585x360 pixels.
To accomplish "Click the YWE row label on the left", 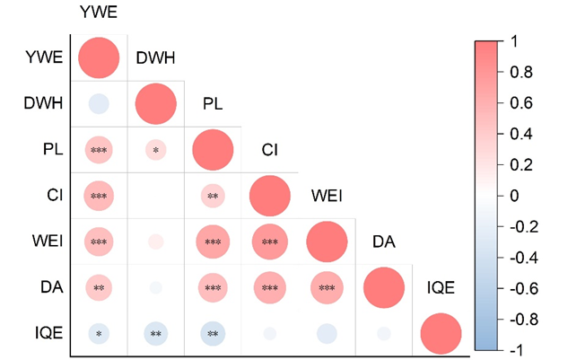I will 44,59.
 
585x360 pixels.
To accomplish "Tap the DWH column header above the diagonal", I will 155,58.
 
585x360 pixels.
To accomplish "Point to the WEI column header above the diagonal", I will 327,195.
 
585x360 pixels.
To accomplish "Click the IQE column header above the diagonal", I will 441,287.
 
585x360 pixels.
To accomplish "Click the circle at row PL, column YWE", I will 99,150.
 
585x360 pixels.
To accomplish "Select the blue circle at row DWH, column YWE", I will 99,104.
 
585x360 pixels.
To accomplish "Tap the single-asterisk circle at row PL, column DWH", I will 156,150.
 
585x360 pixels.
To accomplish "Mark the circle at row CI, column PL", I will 213,196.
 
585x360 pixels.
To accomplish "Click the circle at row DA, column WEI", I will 327,287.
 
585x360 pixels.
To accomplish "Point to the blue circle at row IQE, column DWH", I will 156,333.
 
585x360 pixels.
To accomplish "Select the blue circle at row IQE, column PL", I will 213,333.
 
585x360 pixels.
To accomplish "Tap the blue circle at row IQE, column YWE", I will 99,333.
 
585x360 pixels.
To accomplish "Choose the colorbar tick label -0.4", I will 521,258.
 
